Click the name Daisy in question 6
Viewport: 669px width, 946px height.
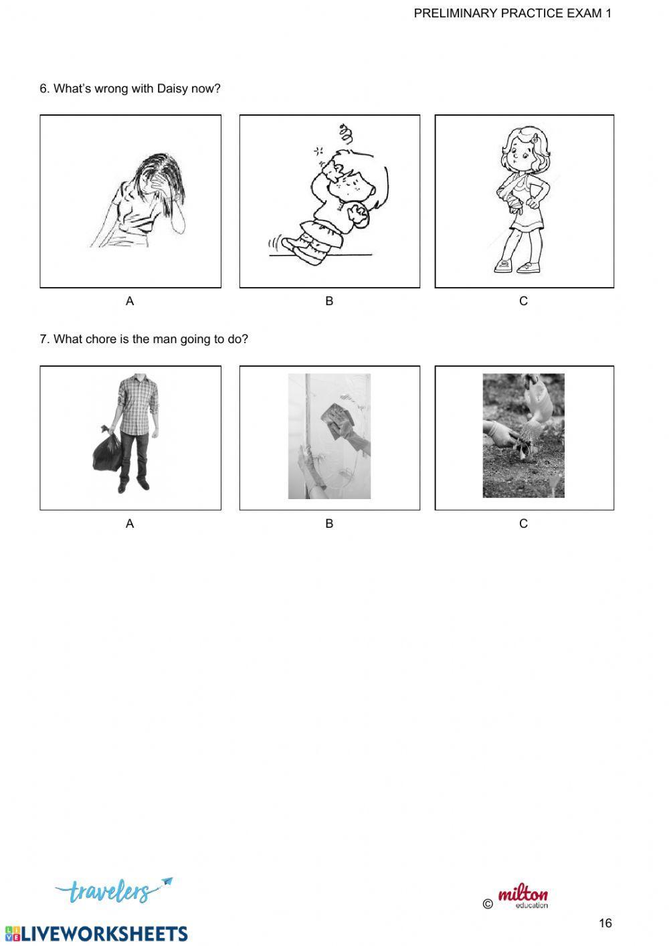pyautogui.click(x=173, y=88)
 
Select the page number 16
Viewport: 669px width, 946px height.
pyautogui.click(x=605, y=923)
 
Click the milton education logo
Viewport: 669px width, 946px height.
pyautogui.click(x=522, y=897)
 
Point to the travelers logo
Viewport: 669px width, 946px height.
pyautogui.click(x=111, y=890)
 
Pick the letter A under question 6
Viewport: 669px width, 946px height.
pyautogui.click(x=130, y=301)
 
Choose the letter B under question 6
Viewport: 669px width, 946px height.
pyautogui.click(x=329, y=301)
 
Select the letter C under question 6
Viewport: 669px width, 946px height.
pyautogui.click(x=523, y=301)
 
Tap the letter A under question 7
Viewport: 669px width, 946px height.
pyautogui.click(x=130, y=524)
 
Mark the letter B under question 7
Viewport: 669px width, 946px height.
pyautogui.click(x=329, y=524)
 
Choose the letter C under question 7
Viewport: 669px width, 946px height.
pyautogui.click(x=523, y=524)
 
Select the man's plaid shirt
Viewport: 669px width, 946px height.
pyautogui.click(x=136, y=405)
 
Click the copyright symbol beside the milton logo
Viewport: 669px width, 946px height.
pyautogui.click(x=487, y=905)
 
